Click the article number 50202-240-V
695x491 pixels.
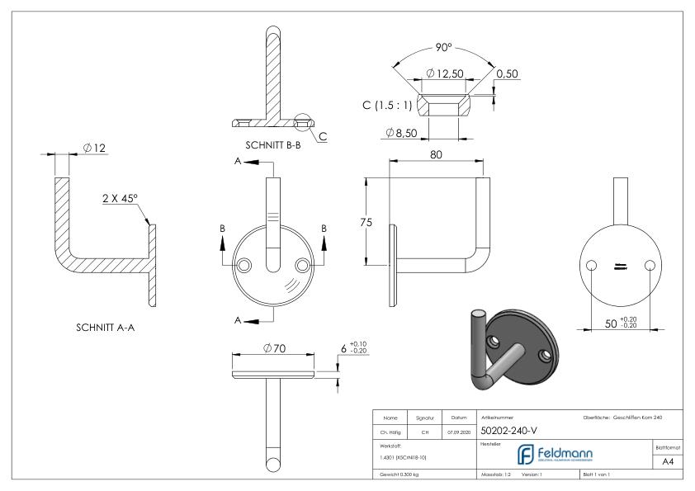510,431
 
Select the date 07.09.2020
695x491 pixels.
458,431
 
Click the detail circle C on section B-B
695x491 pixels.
303,122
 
